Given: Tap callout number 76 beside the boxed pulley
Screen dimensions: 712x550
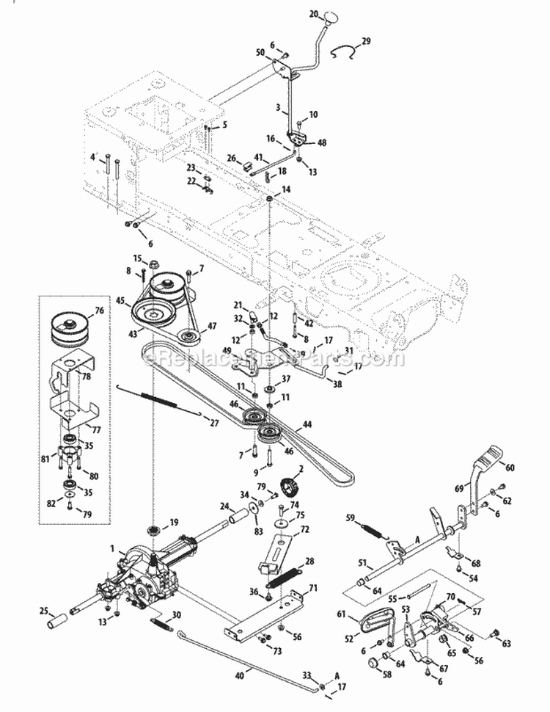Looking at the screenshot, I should pyautogui.click(x=100, y=311).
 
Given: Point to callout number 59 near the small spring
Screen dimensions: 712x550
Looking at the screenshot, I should pyautogui.click(x=349, y=519).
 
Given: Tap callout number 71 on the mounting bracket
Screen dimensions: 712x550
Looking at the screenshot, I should pyautogui.click(x=313, y=588).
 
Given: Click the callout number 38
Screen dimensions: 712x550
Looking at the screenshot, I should pyautogui.click(x=337, y=382).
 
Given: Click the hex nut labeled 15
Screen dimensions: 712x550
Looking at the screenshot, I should pyautogui.click(x=156, y=263).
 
